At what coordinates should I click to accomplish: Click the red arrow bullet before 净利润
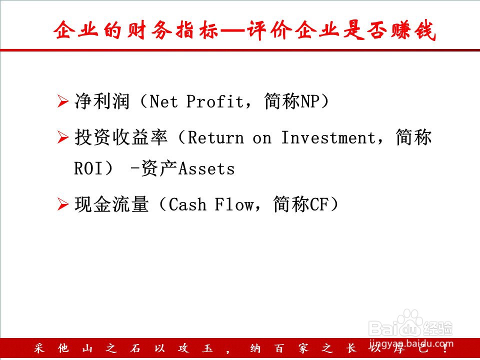(63, 101)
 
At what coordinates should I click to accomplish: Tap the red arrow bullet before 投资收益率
(63, 137)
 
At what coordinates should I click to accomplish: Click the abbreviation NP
(310, 101)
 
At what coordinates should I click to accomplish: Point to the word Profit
(214, 101)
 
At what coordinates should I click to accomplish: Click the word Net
(163, 101)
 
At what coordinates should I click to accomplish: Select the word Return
(216, 137)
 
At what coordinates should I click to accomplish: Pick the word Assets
(206, 168)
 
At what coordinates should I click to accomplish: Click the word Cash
(187, 204)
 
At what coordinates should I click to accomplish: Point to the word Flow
(234, 204)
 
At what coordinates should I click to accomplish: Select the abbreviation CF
(319, 204)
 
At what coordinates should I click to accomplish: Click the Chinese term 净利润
(102, 101)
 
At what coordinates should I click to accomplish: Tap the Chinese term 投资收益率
(121, 137)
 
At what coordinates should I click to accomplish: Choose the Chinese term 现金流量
(111, 204)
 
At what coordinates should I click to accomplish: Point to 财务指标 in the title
(173, 30)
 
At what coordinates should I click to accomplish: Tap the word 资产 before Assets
(159, 168)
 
